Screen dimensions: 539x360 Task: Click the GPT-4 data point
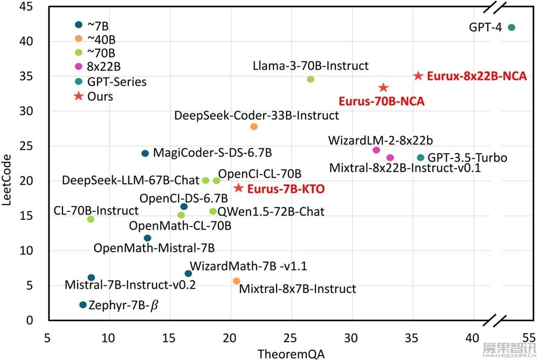[x=512, y=27]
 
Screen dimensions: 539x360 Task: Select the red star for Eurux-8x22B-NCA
[x=418, y=75]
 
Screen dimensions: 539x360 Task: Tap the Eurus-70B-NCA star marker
[x=383, y=88]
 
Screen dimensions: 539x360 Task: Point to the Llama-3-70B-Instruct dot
[x=310, y=79]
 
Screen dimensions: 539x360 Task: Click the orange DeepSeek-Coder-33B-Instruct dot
[x=254, y=127]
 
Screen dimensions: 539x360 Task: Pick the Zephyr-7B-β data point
[x=83, y=304]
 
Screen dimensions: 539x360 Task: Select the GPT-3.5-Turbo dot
[x=420, y=157]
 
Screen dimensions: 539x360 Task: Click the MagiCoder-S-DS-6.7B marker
[x=145, y=154]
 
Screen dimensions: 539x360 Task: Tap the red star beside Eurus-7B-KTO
[x=239, y=188]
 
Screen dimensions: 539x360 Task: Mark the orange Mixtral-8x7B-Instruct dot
[x=237, y=281]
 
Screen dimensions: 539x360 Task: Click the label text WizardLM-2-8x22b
[x=380, y=140]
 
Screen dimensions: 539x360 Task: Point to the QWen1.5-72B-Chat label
[x=271, y=211]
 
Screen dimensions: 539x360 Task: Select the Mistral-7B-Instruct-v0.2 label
[x=130, y=285]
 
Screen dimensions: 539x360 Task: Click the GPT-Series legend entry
[x=110, y=81]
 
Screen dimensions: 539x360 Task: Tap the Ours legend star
[x=79, y=96]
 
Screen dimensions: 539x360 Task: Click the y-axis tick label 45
[x=26, y=6]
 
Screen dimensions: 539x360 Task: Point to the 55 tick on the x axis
[x=529, y=338]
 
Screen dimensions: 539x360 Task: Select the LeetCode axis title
[x=6, y=180]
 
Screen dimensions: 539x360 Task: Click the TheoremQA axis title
[x=291, y=354]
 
